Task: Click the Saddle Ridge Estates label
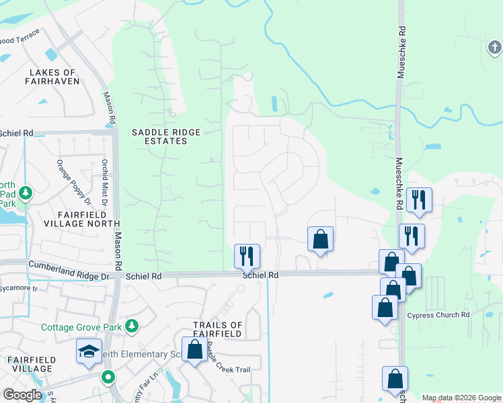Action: pos(159,137)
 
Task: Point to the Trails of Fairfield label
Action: pos(217,330)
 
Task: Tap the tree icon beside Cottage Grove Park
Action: pos(132,326)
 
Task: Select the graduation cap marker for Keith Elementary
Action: pos(89,353)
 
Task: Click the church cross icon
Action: pos(494,48)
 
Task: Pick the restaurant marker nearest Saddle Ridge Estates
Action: pos(246,255)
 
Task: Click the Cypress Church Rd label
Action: pos(438,315)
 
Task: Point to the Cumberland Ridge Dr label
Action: pos(68,276)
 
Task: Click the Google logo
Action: pos(22,395)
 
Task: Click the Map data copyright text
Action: pos(461,398)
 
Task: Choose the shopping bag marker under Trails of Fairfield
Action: pos(195,349)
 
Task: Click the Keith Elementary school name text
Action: pos(151,354)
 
